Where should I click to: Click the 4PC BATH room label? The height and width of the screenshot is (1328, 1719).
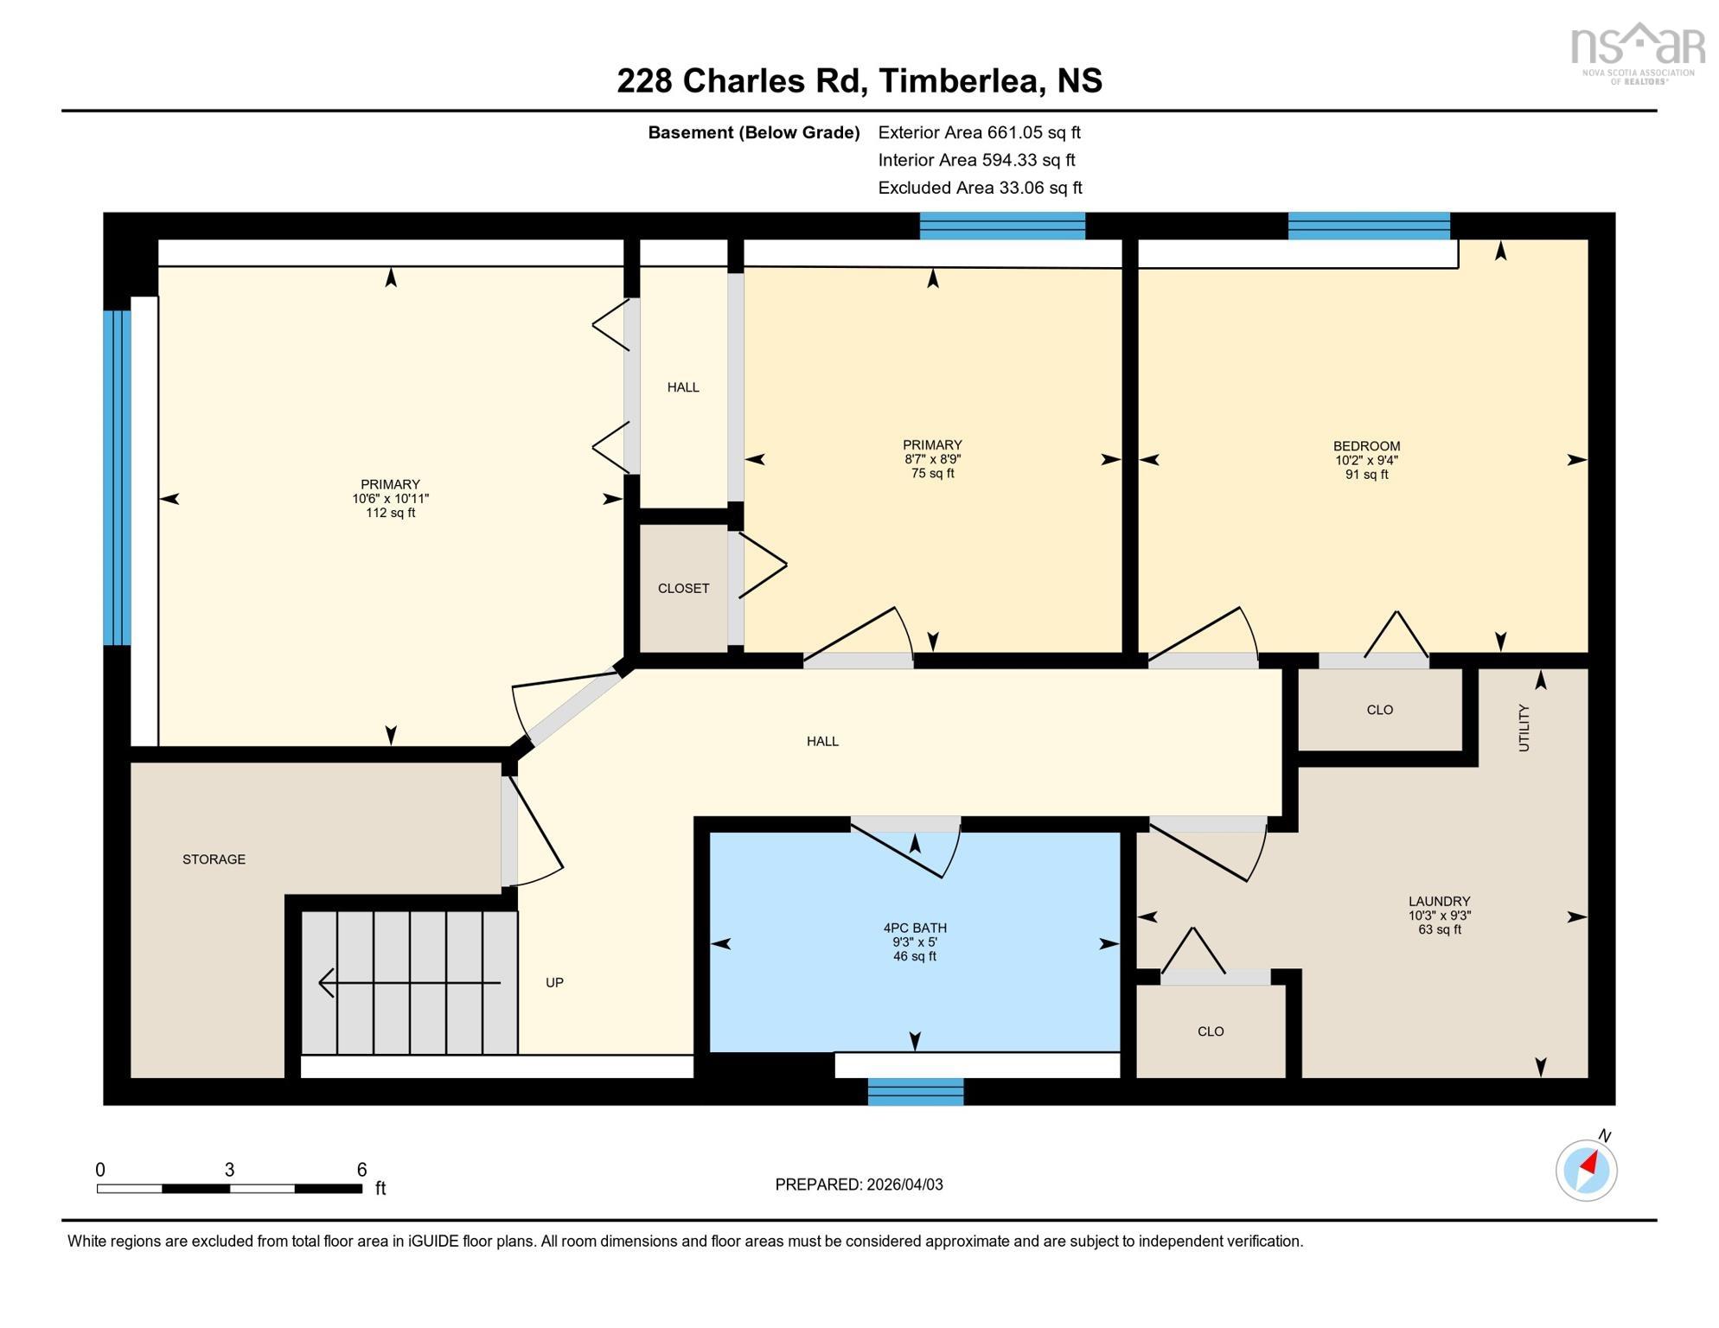pyautogui.click(x=914, y=942)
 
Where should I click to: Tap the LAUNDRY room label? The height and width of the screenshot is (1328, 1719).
pyautogui.click(x=1439, y=915)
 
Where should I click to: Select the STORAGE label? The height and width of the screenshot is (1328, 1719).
pyautogui.click(x=214, y=859)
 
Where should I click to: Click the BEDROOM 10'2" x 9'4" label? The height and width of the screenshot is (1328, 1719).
pyautogui.click(x=1366, y=460)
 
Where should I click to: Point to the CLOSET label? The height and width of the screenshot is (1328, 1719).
pyautogui.click(x=683, y=589)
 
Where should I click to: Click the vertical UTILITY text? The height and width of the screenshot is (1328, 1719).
pyautogui.click(x=1524, y=728)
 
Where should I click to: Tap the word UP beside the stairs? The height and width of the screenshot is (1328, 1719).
pyautogui.click(x=554, y=983)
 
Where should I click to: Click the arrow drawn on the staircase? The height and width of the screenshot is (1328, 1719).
pyautogui.click(x=409, y=983)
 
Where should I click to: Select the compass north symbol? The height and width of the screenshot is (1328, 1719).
pyautogui.click(x=1586, y=1171)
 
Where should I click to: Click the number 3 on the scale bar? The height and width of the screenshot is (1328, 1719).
pyautogui.click(x=229, y=1170)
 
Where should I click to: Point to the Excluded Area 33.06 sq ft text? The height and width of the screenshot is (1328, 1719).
pyautogui.click(x=980, y=188)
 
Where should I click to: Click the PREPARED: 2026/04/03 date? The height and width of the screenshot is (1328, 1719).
pyautogui.click(x=859, y=1184)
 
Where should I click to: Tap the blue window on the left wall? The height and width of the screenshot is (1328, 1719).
pyautogui.click(x=117, y=478)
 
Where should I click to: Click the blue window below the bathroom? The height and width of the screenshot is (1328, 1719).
pyautogui.click(x=915, y=1092)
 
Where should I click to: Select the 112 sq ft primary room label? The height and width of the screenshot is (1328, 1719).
pyautogui.click(x=390, y=499)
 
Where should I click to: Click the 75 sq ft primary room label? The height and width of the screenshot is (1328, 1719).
pyautogui.click(x=932, y=459)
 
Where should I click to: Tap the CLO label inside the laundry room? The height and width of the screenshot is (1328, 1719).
pyautogui.click(x=1211, y=1031)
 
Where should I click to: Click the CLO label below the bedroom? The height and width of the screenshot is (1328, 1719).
pyautogui.click(x=1379, y=710)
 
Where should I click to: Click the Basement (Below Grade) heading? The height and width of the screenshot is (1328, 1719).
pyautogui.click(x=753, y=132)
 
